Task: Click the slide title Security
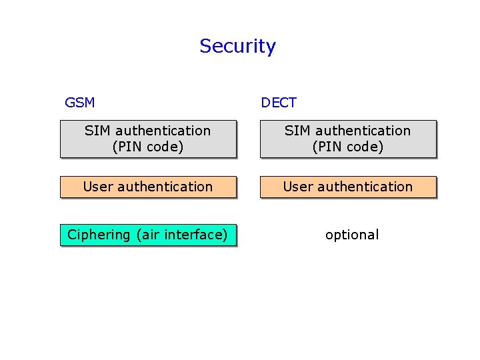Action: pos(237,46)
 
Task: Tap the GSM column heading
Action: pos(79,103)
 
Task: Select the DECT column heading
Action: pos(279,103)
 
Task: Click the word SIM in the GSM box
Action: pos(97,131)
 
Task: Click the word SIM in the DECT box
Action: pos(297,131)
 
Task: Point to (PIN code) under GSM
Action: pos(147,147)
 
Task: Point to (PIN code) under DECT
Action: pos(348,147)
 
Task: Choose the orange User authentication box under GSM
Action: pos(148,187)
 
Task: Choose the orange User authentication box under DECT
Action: pos(348,187)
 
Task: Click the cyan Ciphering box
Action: pos(148,235)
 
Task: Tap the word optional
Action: pos(352,235)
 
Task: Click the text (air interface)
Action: pos(181,235)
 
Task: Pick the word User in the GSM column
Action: pos(97,187)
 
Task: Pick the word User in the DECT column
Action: pos(297,187)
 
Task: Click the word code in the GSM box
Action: pos(164,147)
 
